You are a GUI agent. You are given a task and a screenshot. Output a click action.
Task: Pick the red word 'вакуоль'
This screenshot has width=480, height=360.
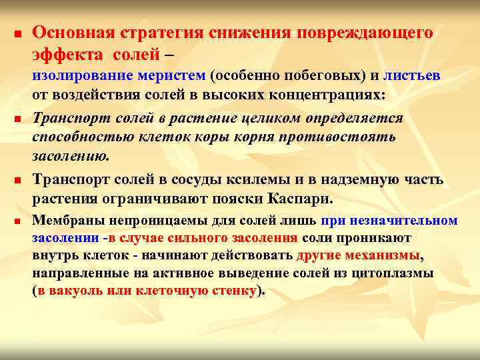pyautogui.click(x=73, y=291)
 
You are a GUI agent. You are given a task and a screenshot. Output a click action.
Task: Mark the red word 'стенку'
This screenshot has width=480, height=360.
pyautogui.click(x=233, y=291)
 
